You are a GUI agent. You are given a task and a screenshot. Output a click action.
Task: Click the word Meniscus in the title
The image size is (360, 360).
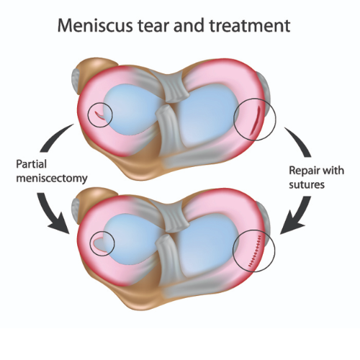point(95,25)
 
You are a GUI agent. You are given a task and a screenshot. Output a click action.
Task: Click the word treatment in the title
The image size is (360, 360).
point(250,26)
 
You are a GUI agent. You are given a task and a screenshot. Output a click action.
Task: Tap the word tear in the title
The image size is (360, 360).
point(154,26)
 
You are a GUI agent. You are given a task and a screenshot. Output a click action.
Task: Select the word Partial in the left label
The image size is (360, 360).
point(31,165)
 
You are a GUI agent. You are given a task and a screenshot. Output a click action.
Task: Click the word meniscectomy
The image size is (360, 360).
point(52,179)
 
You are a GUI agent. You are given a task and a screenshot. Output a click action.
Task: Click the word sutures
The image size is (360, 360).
point(307,185)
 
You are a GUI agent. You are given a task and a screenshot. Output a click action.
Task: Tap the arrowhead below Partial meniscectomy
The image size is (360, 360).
point(59,225)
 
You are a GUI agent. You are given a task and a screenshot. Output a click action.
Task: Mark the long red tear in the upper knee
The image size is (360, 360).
point(255,121)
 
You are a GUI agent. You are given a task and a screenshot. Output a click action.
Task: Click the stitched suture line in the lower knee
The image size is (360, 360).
point(255,251)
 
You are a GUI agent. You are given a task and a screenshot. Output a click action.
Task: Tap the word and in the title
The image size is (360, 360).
point(190,25)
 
